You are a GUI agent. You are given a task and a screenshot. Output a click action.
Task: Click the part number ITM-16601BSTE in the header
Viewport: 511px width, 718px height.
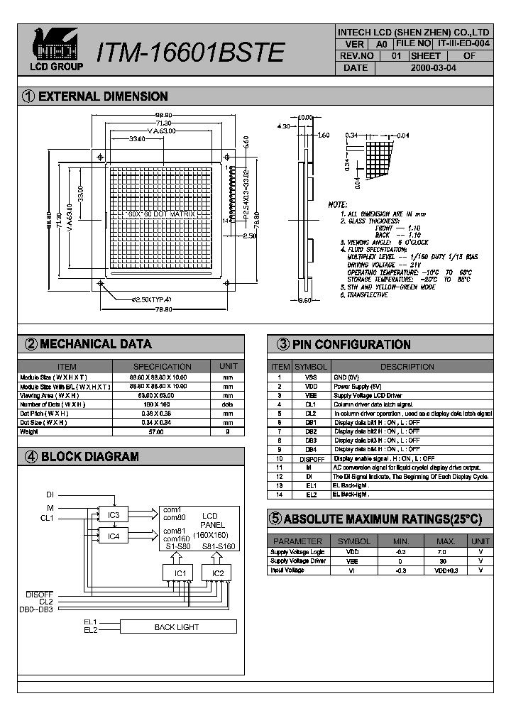tap(190, 53)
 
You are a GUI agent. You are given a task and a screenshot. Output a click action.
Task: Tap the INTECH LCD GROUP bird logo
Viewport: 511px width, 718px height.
tap(56, 44)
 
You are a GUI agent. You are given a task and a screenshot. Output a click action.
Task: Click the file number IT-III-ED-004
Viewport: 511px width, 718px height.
tap(463, 43)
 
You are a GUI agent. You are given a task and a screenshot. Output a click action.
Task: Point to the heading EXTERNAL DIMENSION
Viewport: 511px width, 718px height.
tap(103, 96)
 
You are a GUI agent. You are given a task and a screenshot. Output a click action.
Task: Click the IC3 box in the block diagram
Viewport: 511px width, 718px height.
tap(114, 514)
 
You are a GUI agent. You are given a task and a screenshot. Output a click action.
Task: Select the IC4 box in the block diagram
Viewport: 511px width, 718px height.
tap(114, 536)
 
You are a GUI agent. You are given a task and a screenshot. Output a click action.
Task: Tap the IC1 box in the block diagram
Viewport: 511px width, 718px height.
tap(180, 573)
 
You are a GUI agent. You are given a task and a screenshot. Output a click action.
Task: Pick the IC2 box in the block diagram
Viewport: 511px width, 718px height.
tap(217, 573)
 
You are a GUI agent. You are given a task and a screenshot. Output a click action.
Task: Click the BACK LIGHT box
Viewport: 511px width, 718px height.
tap(177, 627)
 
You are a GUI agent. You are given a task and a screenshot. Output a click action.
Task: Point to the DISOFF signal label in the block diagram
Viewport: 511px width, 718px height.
tap(40, 594)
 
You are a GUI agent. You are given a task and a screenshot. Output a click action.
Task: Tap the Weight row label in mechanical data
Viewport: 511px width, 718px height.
tap(29, 431)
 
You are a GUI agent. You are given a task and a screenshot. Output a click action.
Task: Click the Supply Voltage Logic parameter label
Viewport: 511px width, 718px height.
tap(297, 551)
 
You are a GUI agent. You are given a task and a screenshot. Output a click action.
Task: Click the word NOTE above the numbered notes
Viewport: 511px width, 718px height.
tap(337, 204)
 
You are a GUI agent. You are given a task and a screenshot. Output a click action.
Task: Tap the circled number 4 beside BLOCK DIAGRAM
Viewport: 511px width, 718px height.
tap(31, 457)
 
